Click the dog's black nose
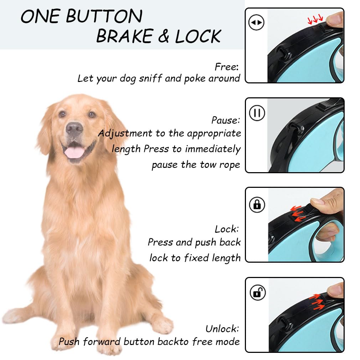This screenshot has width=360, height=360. click(74, 128)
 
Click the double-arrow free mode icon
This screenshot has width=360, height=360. click(256, 22)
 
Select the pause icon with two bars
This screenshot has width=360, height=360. click(257, 113)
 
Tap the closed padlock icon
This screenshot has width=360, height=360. click(257, 204)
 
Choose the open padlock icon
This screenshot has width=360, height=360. click(257, 292)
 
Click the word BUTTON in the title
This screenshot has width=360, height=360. click(104, 16)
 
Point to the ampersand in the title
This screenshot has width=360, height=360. click(164, 36)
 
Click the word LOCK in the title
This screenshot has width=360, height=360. click(198, 36)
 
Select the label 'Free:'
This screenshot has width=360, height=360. click(227, 67)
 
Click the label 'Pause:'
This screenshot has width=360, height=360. click(226, 120)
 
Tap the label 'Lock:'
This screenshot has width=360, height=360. click(227, 229)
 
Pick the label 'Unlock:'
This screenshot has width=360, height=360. click(222, 329)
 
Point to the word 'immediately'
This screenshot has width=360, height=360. click(213, 149)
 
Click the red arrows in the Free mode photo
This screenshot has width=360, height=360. click(315, 20)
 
